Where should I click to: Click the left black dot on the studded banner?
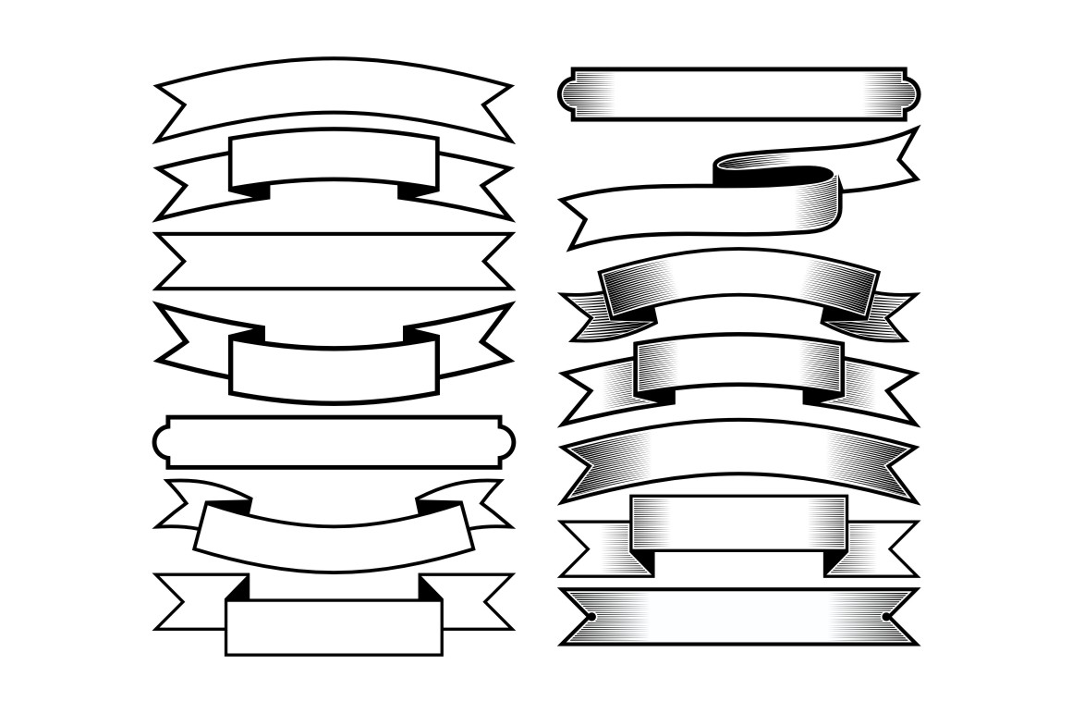(591, 616)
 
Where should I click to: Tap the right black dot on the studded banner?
(886, 616)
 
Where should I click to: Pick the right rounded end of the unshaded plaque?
(506, 442)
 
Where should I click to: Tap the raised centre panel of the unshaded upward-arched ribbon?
(334, 160)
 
